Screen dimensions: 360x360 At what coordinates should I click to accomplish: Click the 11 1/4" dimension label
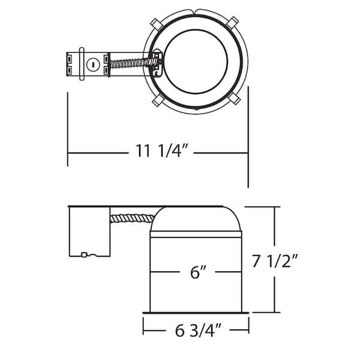coord(162,151)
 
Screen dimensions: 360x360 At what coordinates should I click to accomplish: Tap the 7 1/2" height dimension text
coord(275,261)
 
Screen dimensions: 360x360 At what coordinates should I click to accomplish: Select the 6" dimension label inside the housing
coord(198,272)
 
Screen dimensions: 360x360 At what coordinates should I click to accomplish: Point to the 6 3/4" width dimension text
coord(198,330)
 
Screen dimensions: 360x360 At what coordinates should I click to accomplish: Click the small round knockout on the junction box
coord(93,65)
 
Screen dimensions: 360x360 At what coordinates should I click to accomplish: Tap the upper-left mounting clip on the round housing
coord(157,25)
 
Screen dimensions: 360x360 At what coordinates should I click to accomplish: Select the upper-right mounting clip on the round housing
coord(232,23)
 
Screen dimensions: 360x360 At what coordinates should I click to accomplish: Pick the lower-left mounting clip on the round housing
coord(158,100)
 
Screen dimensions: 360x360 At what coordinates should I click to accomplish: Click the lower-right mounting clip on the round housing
coord(234,98)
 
